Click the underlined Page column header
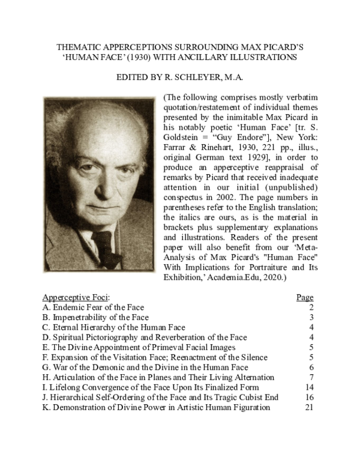(305, 297)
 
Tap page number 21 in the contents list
(310, 407)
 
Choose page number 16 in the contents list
(310, 397)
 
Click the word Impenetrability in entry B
(81, 316)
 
